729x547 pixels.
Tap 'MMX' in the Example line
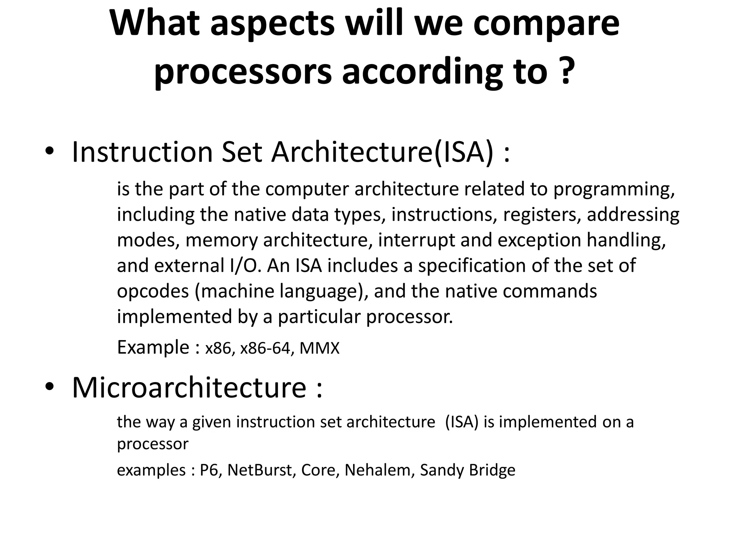click(319, 348)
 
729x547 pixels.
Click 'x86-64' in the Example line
click(265, 348)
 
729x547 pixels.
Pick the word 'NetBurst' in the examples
click(259, 470)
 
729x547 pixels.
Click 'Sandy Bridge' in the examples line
click(467, 470)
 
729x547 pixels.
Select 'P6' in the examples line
click(209, 470)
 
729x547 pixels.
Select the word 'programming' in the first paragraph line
click(613, 189)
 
